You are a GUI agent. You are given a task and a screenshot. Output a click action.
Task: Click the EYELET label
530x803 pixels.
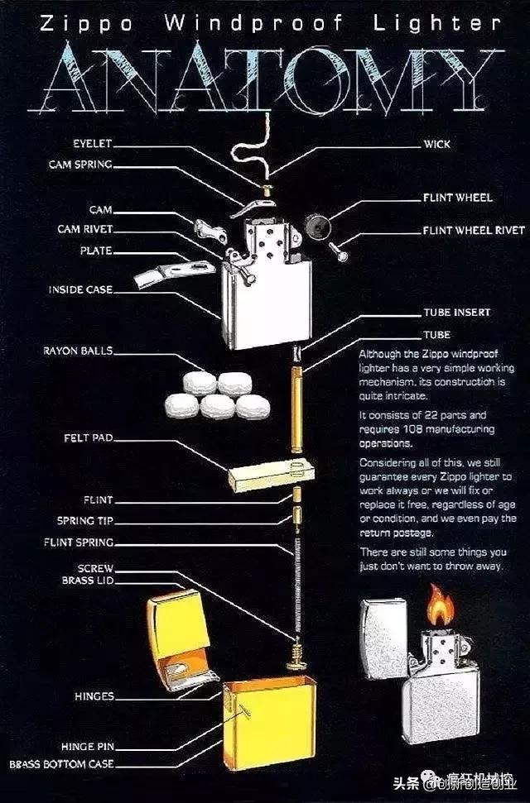click(91, 143)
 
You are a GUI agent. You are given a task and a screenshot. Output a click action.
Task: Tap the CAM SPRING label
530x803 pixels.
click(79, 164)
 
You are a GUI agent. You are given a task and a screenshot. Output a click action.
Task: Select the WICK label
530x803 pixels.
click(436, 144)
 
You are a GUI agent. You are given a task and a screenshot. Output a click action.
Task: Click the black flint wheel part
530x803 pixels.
click(316, 223)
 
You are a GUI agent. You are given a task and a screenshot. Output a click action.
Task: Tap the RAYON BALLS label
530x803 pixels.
click(78, 351)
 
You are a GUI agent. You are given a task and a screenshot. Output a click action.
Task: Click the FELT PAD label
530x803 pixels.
click(88, 437)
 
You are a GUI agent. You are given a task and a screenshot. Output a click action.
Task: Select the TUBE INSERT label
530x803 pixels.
click(457, 313)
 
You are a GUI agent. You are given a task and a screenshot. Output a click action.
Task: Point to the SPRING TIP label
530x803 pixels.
click(85, 521)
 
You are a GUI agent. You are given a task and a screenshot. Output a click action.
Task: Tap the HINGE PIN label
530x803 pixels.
click(88, 746)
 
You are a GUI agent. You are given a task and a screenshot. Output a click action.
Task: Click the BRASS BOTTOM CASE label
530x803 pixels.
click(61, 764)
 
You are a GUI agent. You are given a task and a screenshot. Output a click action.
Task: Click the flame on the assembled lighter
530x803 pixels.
click(440, 606)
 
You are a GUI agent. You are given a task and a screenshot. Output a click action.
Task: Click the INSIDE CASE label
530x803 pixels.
click(80, 289)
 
